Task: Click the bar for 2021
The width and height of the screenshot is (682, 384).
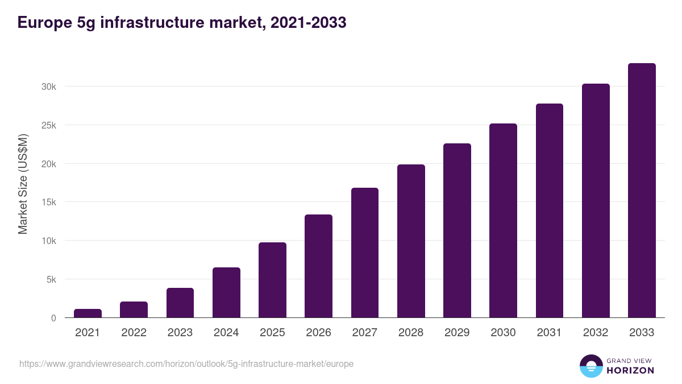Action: click(88, 313)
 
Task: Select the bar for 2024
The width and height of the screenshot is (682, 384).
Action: click(226, 292)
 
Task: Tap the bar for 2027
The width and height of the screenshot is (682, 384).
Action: click(365, 253)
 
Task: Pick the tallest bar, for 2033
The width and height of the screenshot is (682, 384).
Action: click(642, 191)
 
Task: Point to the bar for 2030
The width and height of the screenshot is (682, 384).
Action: click(503, 221)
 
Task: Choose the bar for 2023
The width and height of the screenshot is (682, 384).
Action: click(180, 303)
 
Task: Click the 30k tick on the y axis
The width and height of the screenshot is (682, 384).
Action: click(48, 87)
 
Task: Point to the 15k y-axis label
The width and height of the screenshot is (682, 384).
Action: click(48, 203)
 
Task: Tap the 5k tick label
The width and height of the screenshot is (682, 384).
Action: click(50, 279)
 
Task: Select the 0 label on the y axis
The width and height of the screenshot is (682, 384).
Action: click(53, 318)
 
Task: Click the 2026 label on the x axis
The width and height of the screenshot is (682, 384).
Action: click(318, 333)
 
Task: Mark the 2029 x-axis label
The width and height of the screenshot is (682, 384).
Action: click(457, 333)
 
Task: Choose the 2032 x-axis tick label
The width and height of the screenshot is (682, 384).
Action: click(596, 333)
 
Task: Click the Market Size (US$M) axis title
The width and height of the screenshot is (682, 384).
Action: click(23, 183)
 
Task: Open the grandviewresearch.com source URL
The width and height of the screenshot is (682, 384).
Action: click(186, 364)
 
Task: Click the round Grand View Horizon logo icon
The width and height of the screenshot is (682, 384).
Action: click(590, 366)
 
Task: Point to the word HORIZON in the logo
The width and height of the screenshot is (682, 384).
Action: click(630, 370)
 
